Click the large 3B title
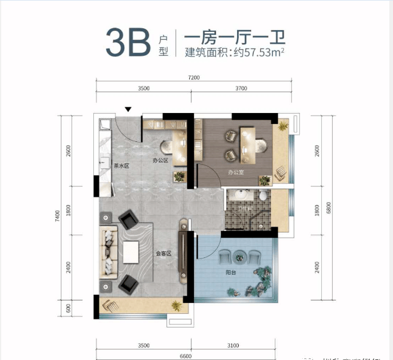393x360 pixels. click(x=127, y=42)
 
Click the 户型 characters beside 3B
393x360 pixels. click(x=163, y=43)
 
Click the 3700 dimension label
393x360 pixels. click(x=241, y=89)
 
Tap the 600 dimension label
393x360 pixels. click(x=69, y=307)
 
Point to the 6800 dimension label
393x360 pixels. click(x=330, y=209)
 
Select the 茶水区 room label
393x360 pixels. click(x=122, y=165)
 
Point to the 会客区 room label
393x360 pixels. click(x=163, y=252)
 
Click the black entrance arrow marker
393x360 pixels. click(x=128, y=109)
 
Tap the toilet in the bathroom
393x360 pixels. click(x=263, y=197)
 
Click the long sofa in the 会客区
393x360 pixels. click(x=109, y=252)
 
